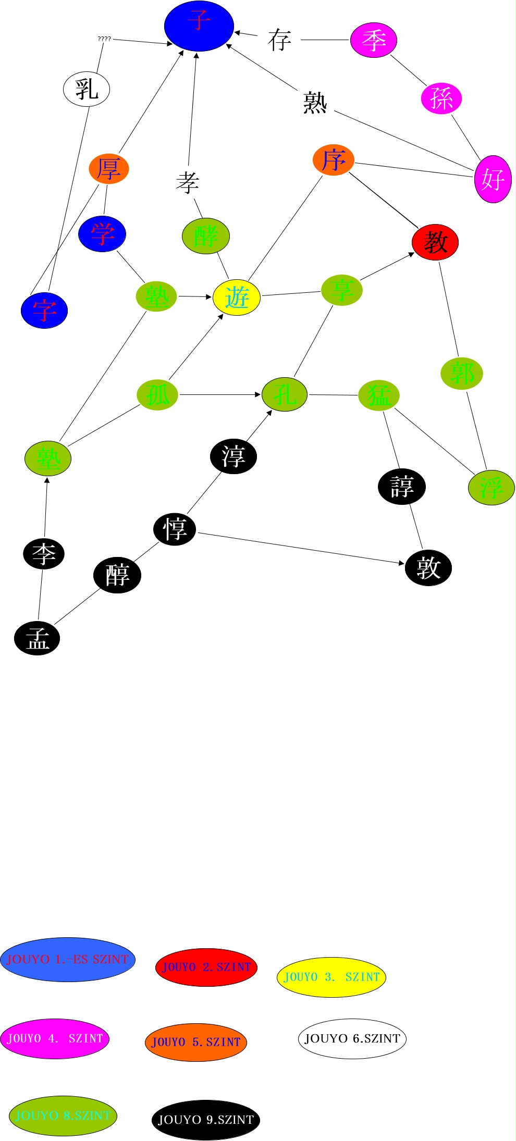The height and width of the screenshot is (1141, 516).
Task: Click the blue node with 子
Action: tap(199, 26)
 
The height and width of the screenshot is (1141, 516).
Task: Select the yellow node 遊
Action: tap(237, 297)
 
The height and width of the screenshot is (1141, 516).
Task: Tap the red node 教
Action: tap(435, 242)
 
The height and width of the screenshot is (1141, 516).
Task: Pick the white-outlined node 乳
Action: tap(87, 89)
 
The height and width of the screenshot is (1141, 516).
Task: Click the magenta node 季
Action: tap(374, 40)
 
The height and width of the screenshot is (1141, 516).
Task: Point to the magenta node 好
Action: tap(493, 179)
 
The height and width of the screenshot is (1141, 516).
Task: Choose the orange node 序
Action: tap(334, 160)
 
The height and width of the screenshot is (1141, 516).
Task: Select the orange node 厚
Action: tap(109, 169)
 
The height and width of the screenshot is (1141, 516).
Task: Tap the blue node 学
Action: tap(102, 234)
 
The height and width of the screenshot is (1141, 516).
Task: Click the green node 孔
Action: tap(285, 395)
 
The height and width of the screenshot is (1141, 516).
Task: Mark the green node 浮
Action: tap(491, 488)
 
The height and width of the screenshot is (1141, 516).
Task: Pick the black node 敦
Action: tap(428, 568)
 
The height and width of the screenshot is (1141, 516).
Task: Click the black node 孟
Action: tap(37, 638)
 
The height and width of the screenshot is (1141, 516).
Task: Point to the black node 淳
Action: tap(234, 456)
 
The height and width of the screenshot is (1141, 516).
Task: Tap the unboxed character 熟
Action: tap(315, 102)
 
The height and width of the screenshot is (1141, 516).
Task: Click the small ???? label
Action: tap(104, 39)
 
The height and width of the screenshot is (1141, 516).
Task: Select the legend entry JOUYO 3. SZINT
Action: tap(331, 977)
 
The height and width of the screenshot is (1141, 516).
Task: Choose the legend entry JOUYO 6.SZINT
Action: tap(352, 1038)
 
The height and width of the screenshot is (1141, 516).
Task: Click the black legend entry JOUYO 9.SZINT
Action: tap(206, 1120)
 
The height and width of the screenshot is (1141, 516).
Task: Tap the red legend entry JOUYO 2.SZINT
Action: tap(206, 967)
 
